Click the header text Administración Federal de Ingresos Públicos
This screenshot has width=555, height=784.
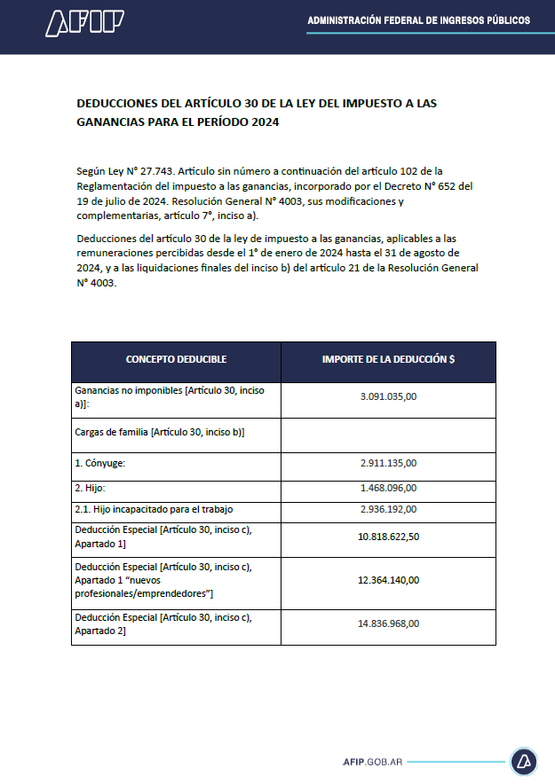418,20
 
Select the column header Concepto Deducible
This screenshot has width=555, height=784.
176,359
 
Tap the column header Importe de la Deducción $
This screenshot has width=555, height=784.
388,359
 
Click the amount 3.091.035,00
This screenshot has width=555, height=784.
388,396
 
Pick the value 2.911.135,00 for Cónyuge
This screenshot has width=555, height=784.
388,463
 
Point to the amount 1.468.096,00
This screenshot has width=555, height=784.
388,488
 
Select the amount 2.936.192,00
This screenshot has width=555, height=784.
388,510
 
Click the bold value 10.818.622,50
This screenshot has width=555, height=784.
388,537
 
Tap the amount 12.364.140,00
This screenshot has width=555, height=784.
388,580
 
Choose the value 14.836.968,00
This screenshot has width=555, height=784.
388,623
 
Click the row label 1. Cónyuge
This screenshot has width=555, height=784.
100,463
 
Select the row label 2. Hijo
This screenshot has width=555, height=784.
91,488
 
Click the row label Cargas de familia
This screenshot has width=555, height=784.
160,432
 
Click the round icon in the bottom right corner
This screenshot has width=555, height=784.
523,762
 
